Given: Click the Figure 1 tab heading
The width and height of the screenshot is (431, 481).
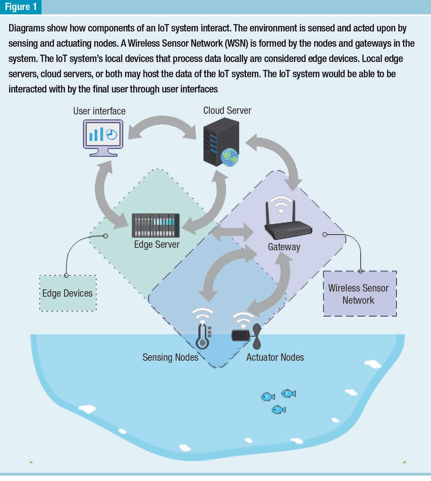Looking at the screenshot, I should (20, 7).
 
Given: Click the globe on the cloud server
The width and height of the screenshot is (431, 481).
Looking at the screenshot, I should (229, 157).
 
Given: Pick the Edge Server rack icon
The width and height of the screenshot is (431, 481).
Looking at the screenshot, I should (156, 225).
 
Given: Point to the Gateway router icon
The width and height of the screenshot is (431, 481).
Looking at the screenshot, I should (288, 226).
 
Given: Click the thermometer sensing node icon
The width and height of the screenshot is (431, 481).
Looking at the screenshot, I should (202, 337).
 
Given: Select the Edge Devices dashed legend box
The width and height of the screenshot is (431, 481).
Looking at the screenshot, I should (68, 293).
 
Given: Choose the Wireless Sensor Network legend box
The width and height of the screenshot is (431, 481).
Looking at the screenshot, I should (360, 294).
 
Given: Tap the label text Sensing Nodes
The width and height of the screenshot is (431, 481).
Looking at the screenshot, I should (170, 357).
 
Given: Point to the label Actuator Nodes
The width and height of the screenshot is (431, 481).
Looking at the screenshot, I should (275, 357).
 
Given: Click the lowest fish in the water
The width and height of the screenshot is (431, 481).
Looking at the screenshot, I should (278, 409).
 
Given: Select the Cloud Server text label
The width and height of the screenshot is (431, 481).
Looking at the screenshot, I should (227, 110).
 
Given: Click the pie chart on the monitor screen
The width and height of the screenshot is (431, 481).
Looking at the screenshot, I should (112, 134).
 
